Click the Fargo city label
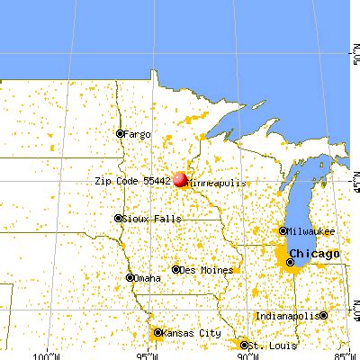tap(139, 133)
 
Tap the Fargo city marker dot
tap(121, 133)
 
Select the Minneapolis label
tap(216, 182)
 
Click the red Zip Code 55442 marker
tap(179, 180)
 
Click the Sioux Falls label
tap(147, 218)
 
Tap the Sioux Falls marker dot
tap(118, 218)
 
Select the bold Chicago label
tap(315, 254)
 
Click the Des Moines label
tap(208, 269)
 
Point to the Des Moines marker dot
tap(176, 269)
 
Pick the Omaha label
tap(150, 277)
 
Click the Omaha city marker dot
tap(130, 277)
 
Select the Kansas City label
tap(190, 332)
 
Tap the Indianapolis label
tap(286, 316)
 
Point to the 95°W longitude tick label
tap(146, 354)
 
